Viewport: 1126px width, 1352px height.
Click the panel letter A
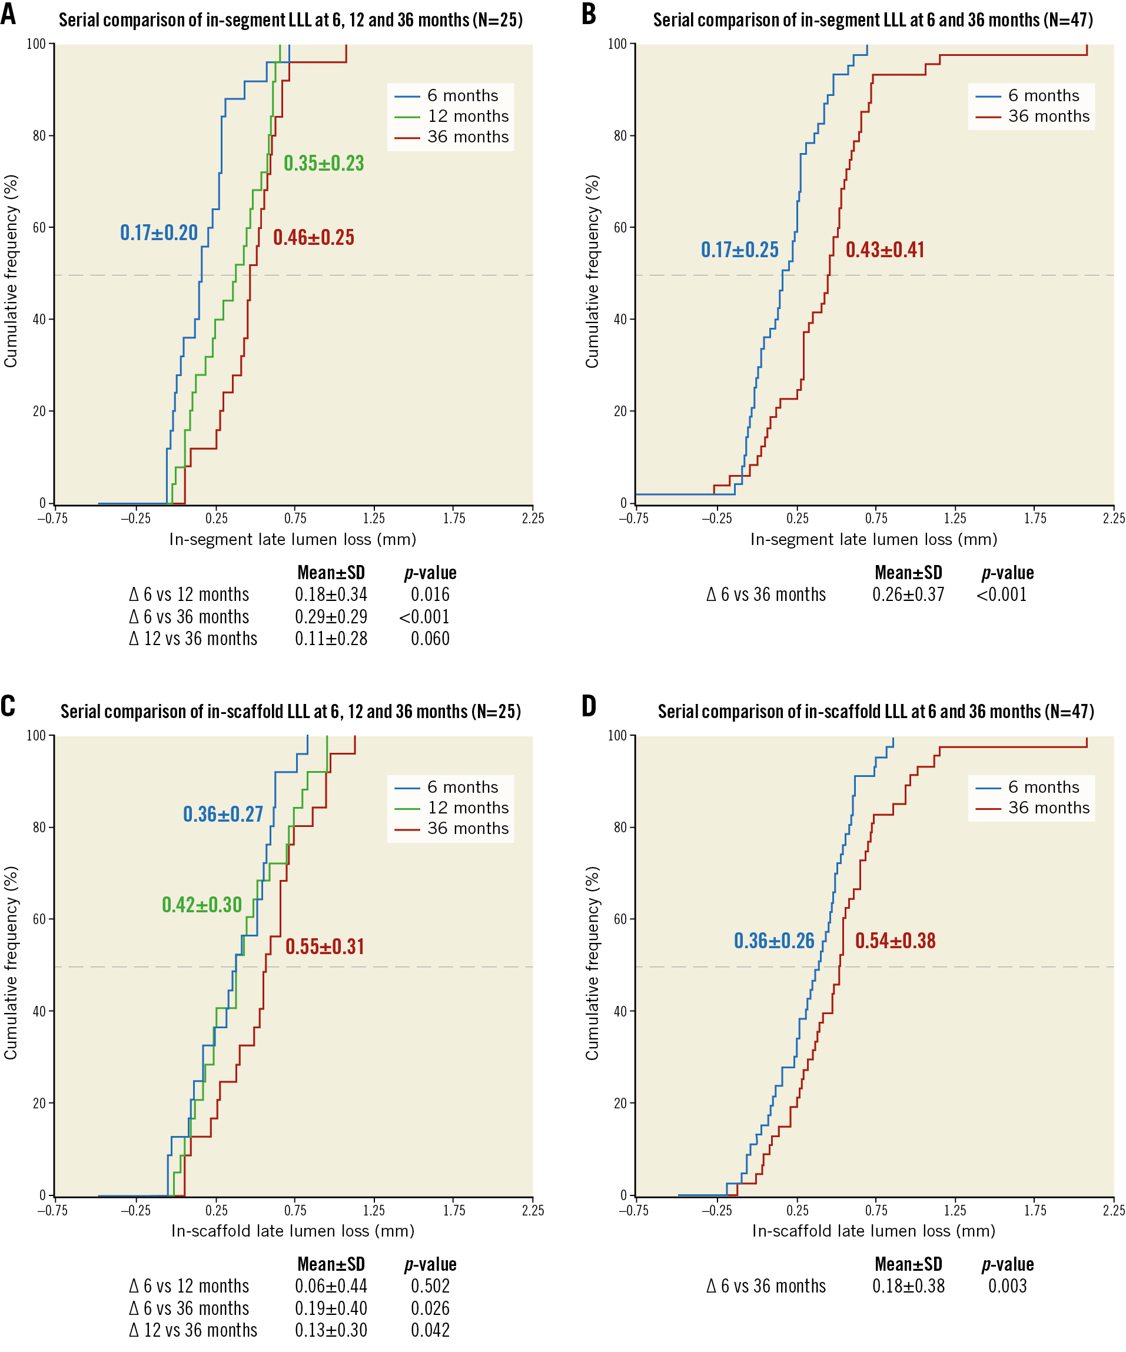click(x=8, y=14)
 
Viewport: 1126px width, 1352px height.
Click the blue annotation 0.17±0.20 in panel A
click(x=159, y=232)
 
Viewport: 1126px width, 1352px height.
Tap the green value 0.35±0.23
click(x=324, y=164)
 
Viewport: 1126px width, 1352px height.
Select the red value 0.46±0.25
click(x=314, y=238)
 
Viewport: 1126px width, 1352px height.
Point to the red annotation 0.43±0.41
click(x=885, y=250)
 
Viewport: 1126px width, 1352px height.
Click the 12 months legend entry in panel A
click(x=467, y=117)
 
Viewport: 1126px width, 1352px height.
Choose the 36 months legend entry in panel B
click(x=1048, y=117)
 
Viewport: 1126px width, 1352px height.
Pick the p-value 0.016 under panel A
click(x=430, y=594)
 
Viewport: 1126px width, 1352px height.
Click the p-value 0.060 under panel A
click(x=430, y=639)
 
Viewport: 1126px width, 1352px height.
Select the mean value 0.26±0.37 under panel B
click(x=908, y=594)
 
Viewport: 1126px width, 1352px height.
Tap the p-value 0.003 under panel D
click(x=1007, y=1285)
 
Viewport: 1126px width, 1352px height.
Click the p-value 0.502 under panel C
click(x=430, y=1285)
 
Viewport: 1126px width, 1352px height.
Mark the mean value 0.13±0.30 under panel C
click(x=331, y=1330)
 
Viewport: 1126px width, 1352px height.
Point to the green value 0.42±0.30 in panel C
click(x=201, y=905)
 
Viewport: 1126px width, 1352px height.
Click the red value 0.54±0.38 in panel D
click(x=895, y=941)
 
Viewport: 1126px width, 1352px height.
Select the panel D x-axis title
click(x=873, y=1231)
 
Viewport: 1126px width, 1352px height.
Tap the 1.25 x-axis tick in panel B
click(x=955, y=519)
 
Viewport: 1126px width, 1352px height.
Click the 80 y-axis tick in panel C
click(x=39, y=828)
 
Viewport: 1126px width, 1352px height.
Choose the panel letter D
click(x=589, y=706)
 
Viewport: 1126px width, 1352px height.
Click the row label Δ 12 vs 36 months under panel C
click(x=193, y=1330)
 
